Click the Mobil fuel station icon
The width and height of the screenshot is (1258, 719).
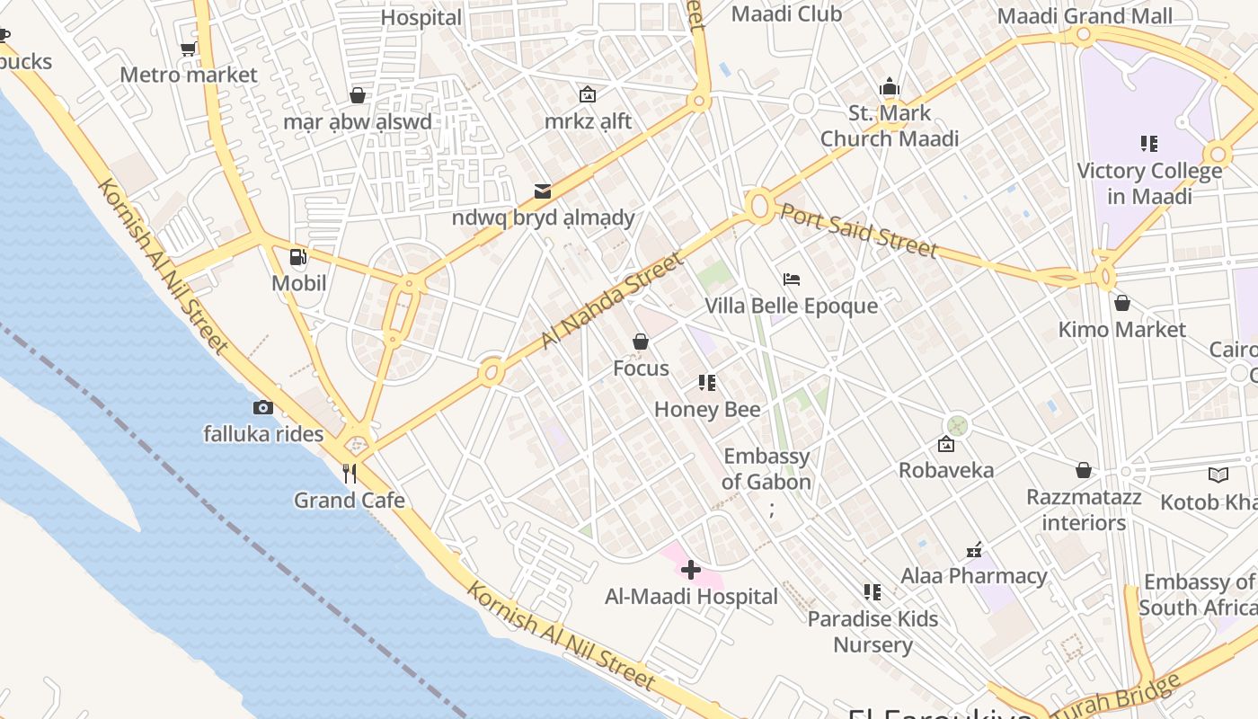pos(298,258)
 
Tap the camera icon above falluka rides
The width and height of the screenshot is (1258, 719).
pos(262,408)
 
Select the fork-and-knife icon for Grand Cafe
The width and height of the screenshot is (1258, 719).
pos(350,473)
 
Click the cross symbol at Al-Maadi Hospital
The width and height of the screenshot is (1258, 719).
pos(690,570)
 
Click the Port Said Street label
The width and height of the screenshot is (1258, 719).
pos(858,230)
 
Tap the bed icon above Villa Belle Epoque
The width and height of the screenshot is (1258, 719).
pos(791,280)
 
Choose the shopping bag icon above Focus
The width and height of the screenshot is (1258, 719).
pos(641,342)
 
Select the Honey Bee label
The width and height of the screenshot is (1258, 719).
pos(707,410)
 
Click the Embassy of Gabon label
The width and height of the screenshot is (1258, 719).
pos(766,469)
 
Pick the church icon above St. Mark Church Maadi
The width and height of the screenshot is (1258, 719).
pos(890,87)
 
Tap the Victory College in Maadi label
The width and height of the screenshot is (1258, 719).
pos(1149,183)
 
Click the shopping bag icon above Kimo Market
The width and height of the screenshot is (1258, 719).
pos(1121,303)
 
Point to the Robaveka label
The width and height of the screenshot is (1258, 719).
pos(946,470)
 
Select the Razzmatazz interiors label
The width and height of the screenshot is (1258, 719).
pos(1085,510)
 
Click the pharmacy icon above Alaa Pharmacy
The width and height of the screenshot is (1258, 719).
pos(974,549)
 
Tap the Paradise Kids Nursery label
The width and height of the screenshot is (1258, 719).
pos(873,632)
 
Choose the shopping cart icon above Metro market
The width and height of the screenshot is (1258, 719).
pos(189,49)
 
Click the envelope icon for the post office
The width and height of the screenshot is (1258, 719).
pos(543,191)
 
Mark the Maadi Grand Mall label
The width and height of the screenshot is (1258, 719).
pos(1085,16)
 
